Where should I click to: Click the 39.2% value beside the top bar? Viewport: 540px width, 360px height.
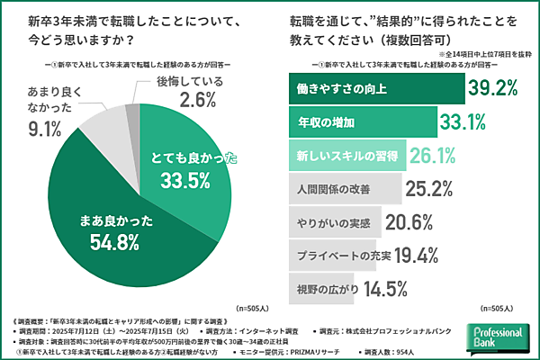tap(495, 89)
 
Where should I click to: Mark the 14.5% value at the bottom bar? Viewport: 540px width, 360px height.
tap(389, 289)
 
